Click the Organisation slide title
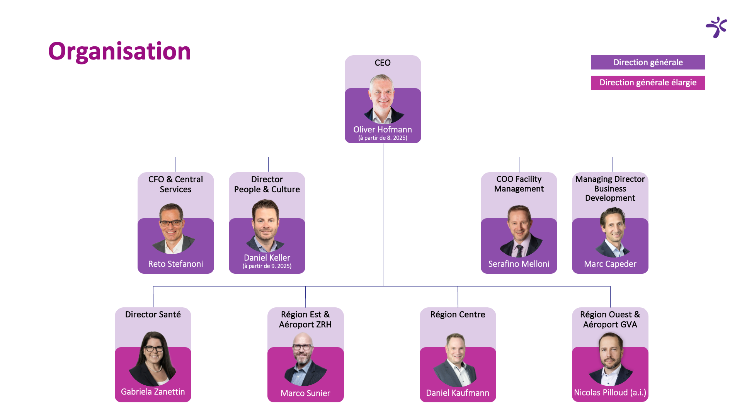coord(119,51)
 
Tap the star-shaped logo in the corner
coord(717,27)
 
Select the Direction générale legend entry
coord(648,63)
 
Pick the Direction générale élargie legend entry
coord(648,83)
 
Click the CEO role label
coord(383,63)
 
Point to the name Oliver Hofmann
coord(383,130)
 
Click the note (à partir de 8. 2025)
coord(383,138)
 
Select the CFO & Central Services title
coord(176,184)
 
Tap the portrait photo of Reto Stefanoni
coord(173,229)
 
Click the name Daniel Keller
coord(267,258)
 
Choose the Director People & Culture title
coord(267,184)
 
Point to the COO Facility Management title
coord(519,184)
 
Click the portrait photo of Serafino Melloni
coord(521,231)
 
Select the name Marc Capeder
coord(610,264)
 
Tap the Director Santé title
coord(153,315)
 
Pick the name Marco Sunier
coord(306,393)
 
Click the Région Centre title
coord(458,315)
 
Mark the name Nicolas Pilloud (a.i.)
coord(610,393)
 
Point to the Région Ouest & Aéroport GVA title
coord(610,319)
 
